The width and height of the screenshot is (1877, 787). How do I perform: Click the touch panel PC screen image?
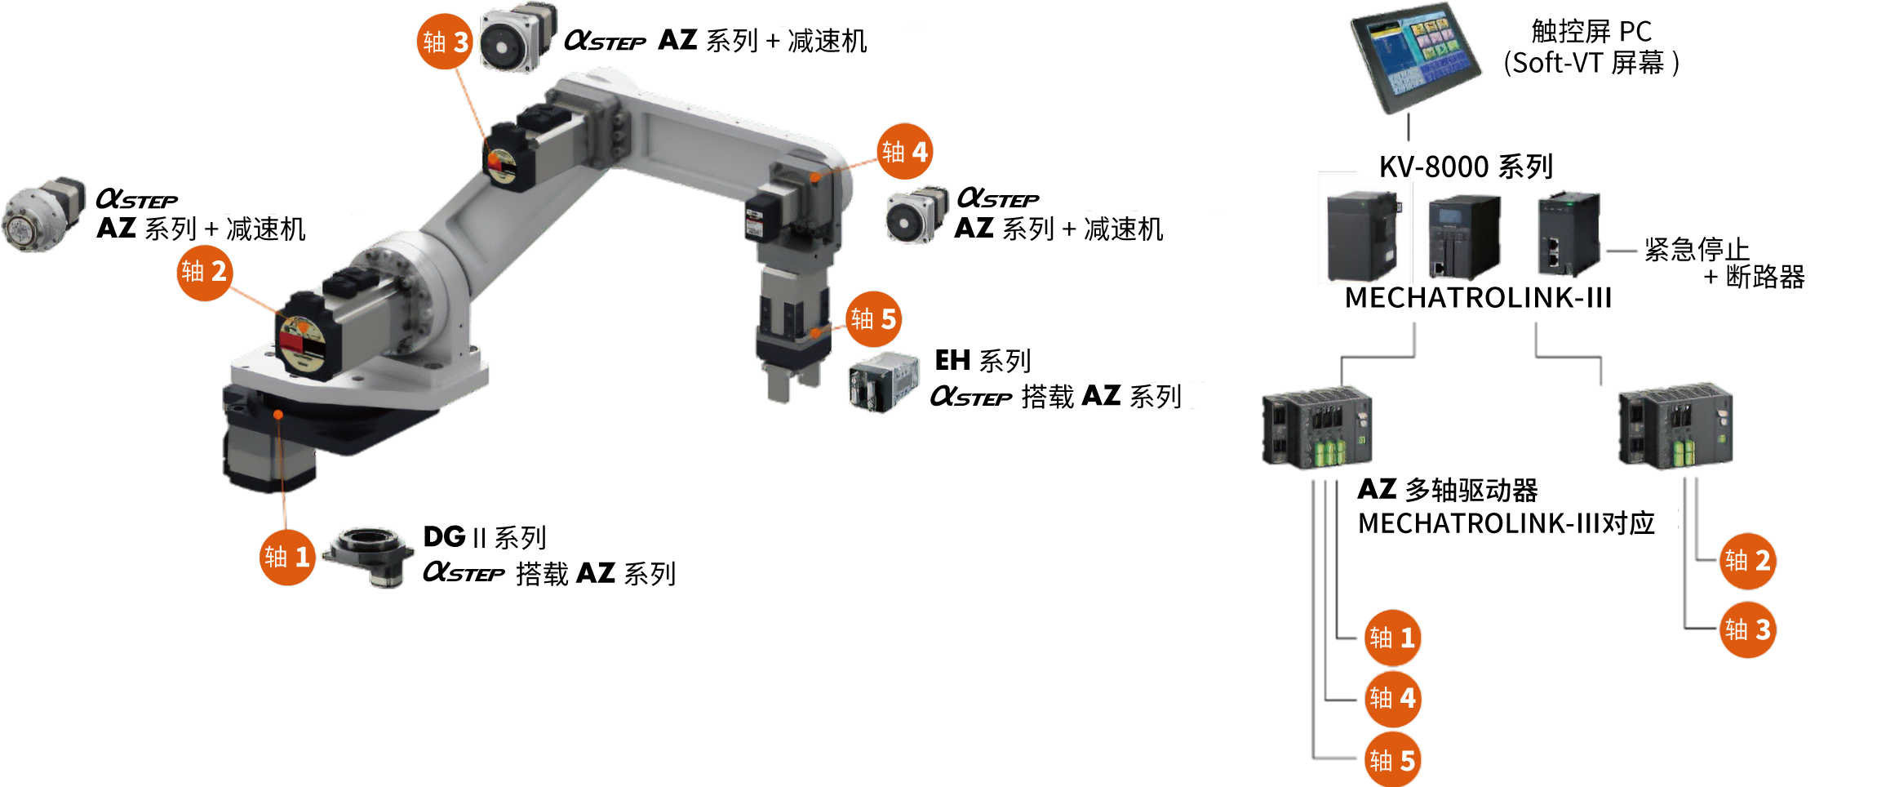tap(1415, 57)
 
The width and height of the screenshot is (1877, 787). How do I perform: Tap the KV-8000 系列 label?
tap(1466, 167)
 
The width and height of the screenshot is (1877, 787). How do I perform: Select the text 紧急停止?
tap(1697, 249)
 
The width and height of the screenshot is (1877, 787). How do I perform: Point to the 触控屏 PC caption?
tap(1591, 31)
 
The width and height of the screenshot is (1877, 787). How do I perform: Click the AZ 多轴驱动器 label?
tap(1448, 490)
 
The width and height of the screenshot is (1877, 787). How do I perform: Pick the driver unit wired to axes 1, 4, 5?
tap(1317, 427)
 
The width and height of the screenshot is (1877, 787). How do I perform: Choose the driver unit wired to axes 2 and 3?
tap(1675, 426)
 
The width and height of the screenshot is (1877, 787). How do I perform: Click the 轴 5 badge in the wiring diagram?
tap(1392, 760)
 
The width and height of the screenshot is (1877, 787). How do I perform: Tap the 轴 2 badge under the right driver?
tap(1747, 561)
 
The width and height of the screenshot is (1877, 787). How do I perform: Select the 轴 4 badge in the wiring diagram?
tap(1392, 699)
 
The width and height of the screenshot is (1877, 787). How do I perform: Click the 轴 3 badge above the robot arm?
tap(445, 41)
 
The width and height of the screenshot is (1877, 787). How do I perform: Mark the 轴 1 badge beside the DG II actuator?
tap(287, 557)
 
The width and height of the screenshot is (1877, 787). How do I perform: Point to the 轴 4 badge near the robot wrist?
tap(905, 152)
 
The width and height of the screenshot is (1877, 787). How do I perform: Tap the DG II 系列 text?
tap(485, 537)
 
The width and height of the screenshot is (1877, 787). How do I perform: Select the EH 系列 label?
tap(983, 360)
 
